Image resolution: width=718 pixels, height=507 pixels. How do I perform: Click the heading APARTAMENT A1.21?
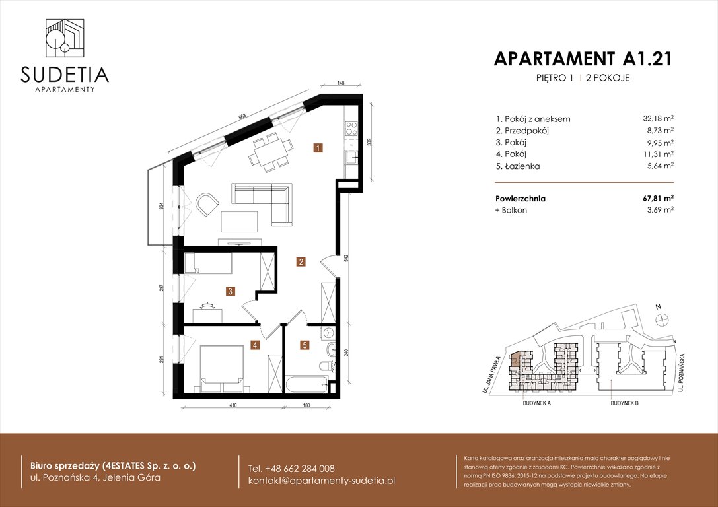pos(583,59)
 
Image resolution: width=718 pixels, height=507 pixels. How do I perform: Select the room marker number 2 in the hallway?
pos(301,262)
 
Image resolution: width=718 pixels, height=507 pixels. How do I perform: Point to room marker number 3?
pos(229,290)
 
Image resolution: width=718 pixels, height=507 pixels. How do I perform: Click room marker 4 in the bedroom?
pos(255,344)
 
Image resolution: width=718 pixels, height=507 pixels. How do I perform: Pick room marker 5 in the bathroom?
pos(304,344)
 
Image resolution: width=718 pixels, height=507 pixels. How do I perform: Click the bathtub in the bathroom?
pos(306,383)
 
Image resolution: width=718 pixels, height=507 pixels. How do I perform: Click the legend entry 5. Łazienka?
pos(517,166)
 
